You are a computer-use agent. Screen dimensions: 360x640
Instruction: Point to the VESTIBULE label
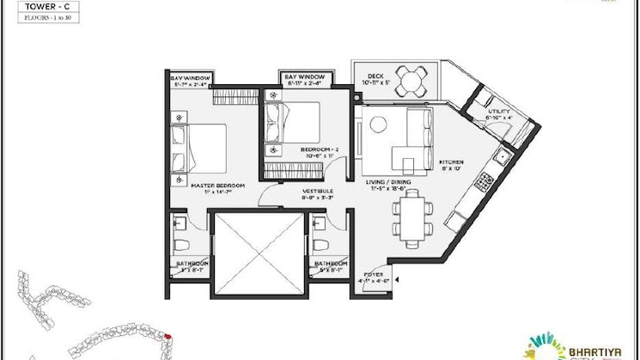[x=318, y=192]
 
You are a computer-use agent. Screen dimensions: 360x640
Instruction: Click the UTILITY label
[x=499, y=111]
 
